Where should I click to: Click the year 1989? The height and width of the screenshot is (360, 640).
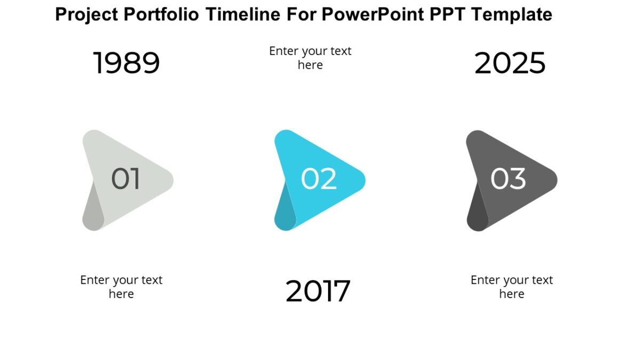point(126,63)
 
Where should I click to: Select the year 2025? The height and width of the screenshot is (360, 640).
point(510,63)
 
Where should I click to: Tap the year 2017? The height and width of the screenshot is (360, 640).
point(318,291)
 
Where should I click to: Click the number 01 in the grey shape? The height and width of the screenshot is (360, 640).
point(125,179)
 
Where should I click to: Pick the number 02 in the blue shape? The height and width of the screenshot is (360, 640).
point(318,179)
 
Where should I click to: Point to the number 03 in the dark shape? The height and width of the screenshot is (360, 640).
point(508,179)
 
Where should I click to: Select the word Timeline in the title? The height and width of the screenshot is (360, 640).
point(247,14)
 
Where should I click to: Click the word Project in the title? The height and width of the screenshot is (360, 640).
point(86,14)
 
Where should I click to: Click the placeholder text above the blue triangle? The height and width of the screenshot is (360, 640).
point(310,58)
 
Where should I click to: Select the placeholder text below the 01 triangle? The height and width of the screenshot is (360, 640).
point(121,286)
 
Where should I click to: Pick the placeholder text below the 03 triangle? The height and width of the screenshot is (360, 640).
point(511,286)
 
